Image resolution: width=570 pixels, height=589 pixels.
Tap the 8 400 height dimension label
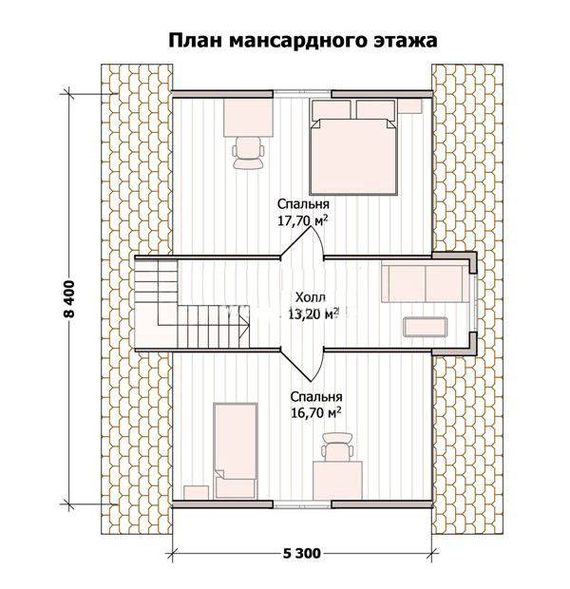tap(70, 299)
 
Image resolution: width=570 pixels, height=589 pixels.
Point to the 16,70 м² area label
tap(315, 413)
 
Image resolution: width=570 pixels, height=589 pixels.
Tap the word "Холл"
tap(311, 297)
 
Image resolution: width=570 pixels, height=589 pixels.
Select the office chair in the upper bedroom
tap(248, 152)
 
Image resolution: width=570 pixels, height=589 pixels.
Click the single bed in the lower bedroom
tap(236, 450)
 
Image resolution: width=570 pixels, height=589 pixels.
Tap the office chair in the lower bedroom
tap(337, 447)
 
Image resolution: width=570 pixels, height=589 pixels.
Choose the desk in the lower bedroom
tap(337, 481)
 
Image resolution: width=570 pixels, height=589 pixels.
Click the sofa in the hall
tap(426, 284)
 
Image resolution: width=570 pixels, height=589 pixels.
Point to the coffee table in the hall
tap(426, 327)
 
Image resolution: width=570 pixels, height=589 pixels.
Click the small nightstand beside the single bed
tap(196, 492)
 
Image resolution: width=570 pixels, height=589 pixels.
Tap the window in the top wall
tap(302, 92)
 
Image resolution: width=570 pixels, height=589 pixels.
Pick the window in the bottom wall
tap(302, 504)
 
